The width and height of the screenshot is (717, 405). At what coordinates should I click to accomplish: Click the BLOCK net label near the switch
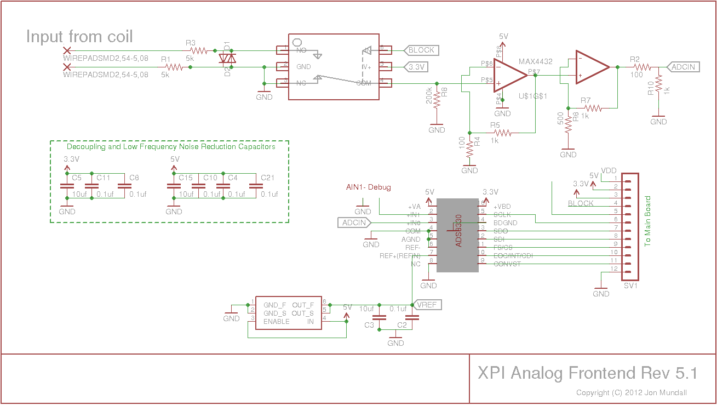421,50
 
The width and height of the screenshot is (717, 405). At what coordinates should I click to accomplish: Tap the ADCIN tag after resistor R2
683,67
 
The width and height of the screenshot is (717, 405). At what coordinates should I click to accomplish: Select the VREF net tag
427,305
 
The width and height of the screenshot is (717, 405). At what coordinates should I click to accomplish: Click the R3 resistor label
191,43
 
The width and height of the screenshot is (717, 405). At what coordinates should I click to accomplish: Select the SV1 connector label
631,286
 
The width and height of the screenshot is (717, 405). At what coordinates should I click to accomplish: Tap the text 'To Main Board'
648,221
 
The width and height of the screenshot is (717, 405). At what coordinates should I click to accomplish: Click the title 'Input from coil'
79,37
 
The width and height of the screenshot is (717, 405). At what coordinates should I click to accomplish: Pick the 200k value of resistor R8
429,96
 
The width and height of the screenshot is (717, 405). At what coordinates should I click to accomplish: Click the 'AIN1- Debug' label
368,187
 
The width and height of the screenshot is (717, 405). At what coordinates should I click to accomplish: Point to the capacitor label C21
268,178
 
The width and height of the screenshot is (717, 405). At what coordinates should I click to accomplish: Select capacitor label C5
77,178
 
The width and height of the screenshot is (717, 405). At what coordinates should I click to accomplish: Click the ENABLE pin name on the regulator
276,322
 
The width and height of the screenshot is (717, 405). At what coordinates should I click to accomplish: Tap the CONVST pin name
507,264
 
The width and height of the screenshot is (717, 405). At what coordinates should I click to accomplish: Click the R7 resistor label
586,100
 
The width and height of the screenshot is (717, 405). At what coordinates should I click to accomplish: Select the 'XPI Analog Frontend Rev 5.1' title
588,373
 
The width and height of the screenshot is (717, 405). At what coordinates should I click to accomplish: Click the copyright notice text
632,392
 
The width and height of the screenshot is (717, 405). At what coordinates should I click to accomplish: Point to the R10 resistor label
650,88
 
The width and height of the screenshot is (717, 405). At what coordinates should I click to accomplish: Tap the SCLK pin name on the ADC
502,215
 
